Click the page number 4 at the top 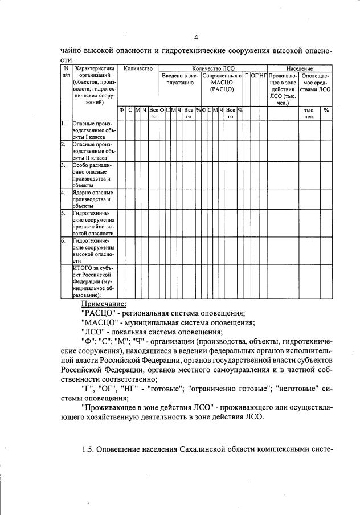[x=196, y=38]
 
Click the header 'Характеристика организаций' [x=94, y=85]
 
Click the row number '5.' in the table [x=64, y=213]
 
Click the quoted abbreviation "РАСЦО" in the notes [x=98, y=313]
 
